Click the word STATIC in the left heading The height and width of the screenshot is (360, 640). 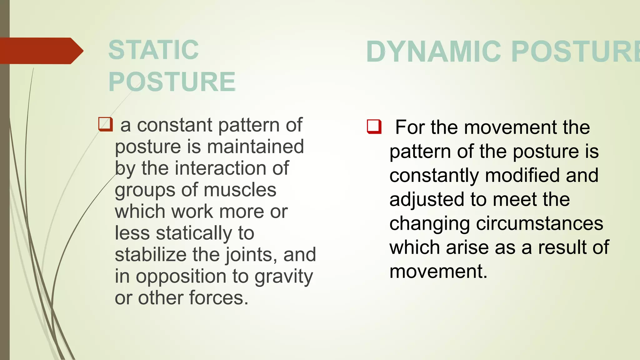[153, 50]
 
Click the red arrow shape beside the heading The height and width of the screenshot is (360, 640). [41, 51]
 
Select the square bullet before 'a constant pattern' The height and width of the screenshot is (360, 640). [105, 124]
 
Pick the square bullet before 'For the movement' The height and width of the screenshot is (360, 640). [374, 127]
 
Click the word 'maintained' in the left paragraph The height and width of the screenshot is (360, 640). [255, 147]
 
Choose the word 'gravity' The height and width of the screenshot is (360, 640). [284, 277]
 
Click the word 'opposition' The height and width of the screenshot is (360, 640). [181, 277]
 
